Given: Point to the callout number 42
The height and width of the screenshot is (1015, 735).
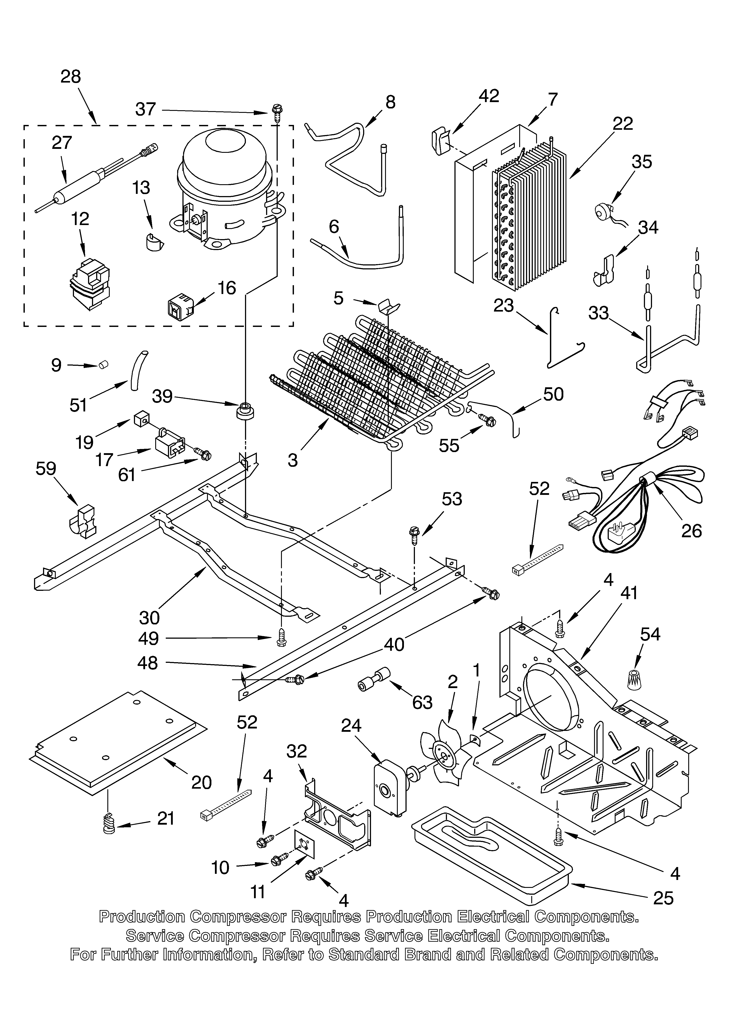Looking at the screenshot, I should (x=488, y=96).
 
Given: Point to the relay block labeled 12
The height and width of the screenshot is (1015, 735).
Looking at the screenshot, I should (x=90, y=285).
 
